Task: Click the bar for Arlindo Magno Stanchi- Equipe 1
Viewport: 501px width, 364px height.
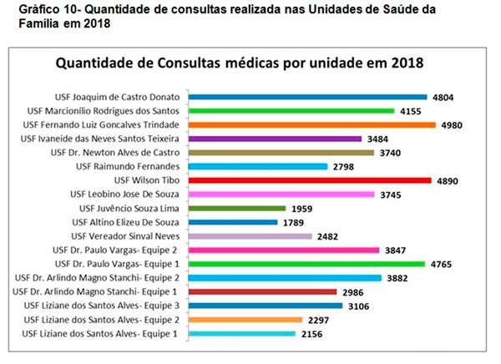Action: (263, 291)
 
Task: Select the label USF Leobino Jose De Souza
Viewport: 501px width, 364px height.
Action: (127, 195)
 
